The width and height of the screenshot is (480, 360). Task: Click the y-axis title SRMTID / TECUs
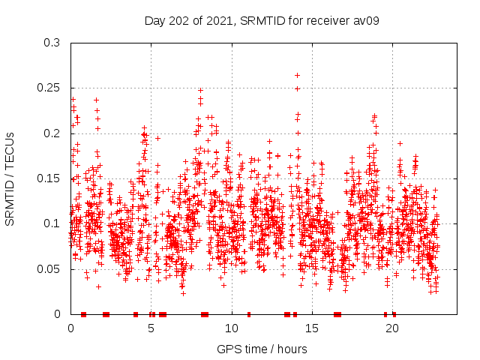(x=10, y=178)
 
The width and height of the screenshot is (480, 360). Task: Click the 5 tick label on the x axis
(x=151, y=328)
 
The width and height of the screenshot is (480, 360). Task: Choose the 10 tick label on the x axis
(x=231, y=328)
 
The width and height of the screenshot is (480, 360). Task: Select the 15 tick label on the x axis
(x=311, y=328)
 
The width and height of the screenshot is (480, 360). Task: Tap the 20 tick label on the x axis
(x=391, y=328)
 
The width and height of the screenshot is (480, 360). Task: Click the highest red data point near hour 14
(x=298, y=75)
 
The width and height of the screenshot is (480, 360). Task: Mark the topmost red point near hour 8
(x=200, y=91)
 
